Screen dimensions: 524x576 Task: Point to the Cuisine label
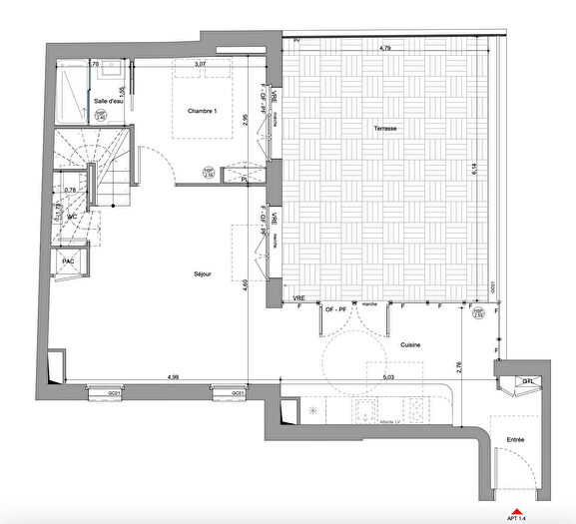click(x=409, y=344)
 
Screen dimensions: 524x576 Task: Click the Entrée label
click(x=517, y=439)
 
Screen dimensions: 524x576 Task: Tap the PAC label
click(x=69, y=262)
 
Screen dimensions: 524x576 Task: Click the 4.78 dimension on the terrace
click(x=384, y=48)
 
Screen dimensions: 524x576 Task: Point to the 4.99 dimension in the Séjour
click(x=173, y=377)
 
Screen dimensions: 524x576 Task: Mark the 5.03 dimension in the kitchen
click(x=389, y=377)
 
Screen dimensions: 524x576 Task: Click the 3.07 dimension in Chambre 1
click(x=200, y=64)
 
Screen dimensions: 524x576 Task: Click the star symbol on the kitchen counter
click(x=313, y=410)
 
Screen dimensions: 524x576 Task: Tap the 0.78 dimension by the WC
click(x=70, y=190)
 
